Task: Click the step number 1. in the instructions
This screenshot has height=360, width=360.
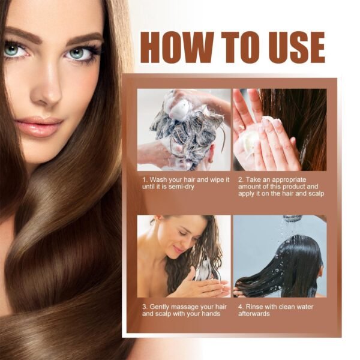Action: (145, 179)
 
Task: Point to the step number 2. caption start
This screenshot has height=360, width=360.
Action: (239, 179)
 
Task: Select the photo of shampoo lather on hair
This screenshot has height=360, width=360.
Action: (184, 130)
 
